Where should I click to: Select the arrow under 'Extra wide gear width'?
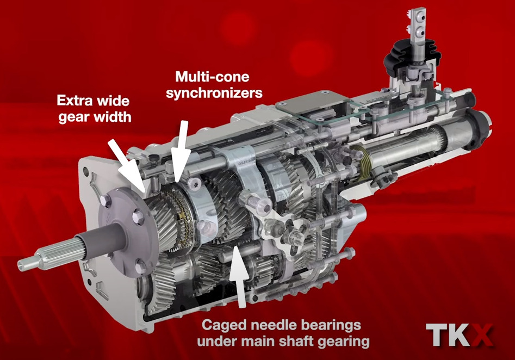tap(127, 164)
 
